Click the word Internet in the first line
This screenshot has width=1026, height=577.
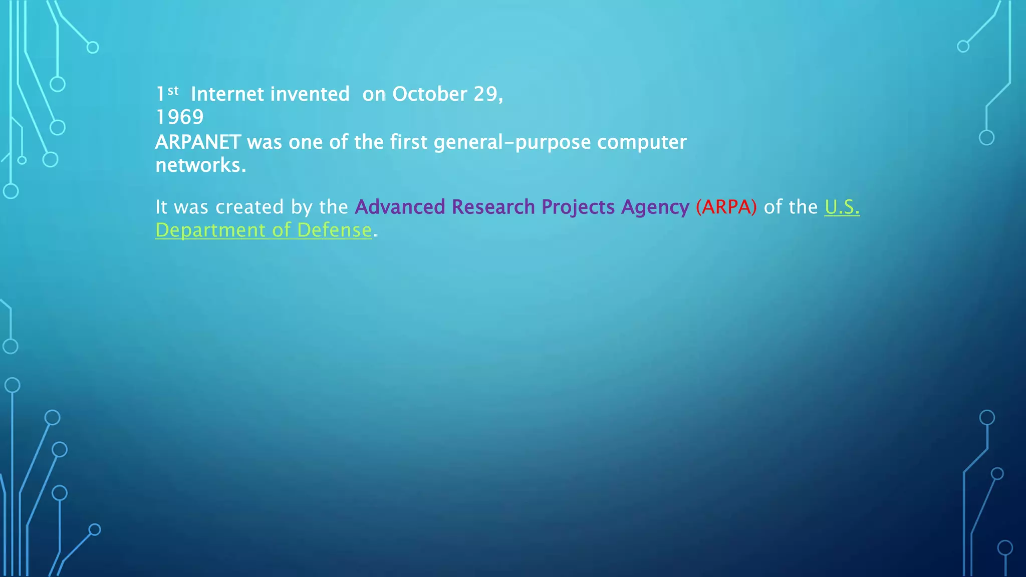pyautogui.click(x=227, y=94)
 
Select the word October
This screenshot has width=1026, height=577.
pyautogui.click(x=429, y=94)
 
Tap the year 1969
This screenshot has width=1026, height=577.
pyautogui.click(x=179, y=117)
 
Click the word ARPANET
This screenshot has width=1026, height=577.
pyautogui.click(x=198, y=142)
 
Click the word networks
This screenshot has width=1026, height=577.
pyautogui.click(x=200, y=165)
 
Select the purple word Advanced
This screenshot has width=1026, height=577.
pyautogui.click(x=400, y=207)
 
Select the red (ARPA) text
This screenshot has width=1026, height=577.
pyautogui.click(x=726, y=207)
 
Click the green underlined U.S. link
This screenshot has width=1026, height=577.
pyautogui.click(x=842, y=207)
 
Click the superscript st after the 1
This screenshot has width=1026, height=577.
pyautogui.click(x=173, y=91)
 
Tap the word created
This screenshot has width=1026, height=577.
pyautogui.click(x=249, y=207)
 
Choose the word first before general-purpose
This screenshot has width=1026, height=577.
pyautogui.click(x=409, y=142)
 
